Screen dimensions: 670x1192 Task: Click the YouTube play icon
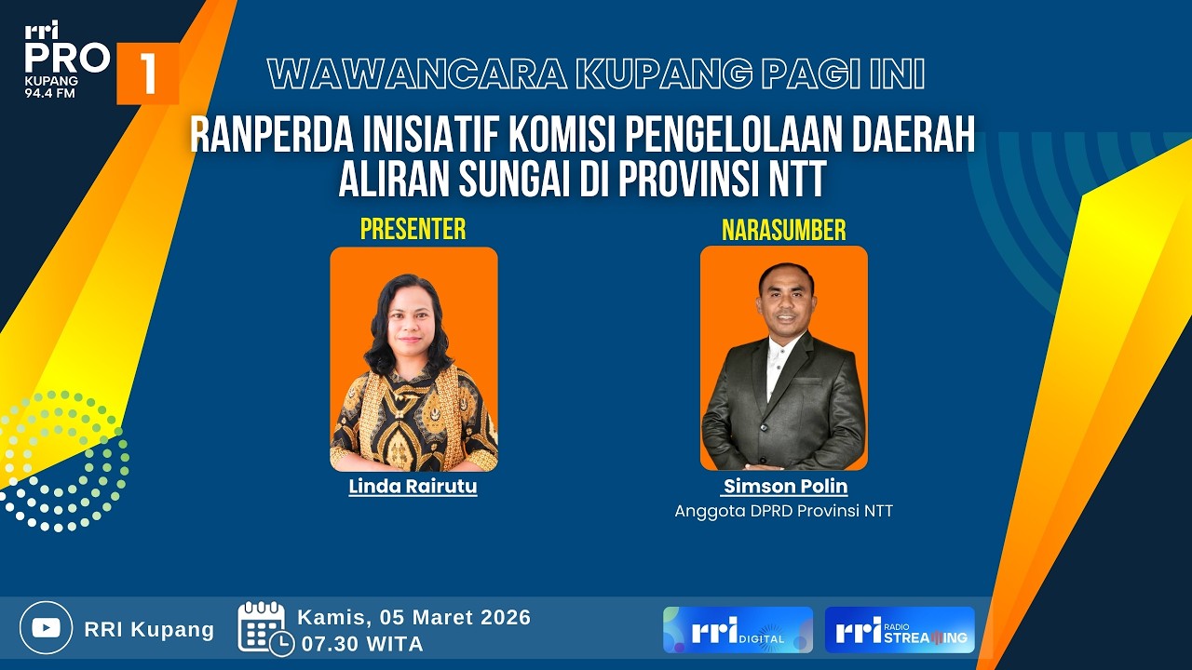46,627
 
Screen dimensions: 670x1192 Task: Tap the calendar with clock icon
264,628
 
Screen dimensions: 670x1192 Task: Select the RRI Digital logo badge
738,630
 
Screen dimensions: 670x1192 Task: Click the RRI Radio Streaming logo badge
900,630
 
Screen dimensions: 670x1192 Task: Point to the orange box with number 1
147,74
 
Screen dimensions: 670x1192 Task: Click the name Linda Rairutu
413,486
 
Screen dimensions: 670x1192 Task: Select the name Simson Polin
785,486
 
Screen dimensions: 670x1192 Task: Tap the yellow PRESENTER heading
413,229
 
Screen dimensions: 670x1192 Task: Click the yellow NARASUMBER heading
783,230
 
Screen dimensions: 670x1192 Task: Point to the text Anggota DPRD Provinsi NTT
783,511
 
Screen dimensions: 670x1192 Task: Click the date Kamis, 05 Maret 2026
413,617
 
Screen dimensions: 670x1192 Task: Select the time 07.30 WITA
360,643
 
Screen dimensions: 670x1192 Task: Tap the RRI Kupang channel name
149,629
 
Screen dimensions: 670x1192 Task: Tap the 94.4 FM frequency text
50,93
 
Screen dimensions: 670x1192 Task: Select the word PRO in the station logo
66,59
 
